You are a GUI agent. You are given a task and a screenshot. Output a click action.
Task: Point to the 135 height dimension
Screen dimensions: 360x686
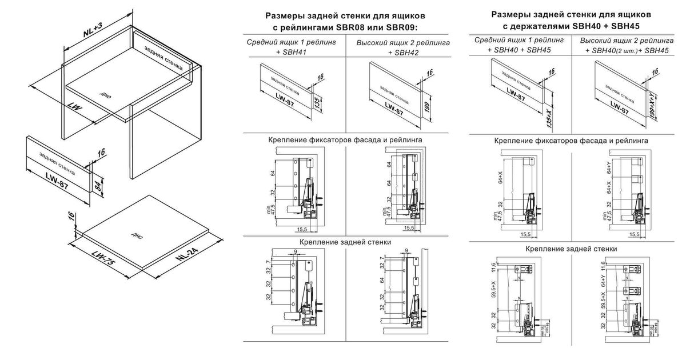(x=317, y=103)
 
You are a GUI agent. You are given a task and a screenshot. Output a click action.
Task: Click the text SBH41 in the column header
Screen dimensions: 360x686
(x=296, y=53)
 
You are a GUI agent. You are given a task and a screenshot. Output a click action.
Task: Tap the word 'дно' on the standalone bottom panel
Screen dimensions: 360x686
(x=137, y=235)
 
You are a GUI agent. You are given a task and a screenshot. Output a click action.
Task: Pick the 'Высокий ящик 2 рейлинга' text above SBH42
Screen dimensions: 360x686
(x=403, y=43)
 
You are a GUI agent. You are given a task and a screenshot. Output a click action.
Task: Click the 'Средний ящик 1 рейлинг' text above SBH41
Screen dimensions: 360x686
(x=292, y=43)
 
